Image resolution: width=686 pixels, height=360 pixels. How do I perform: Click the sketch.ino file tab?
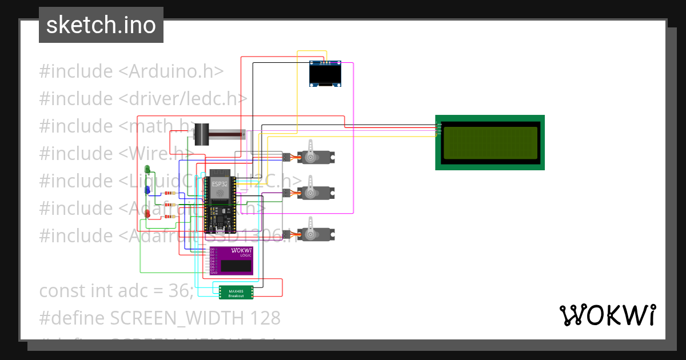tap(101, 25)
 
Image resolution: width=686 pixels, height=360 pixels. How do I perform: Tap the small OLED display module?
tap(325, 74)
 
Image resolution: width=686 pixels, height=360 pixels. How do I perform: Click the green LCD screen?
tap(490, 142)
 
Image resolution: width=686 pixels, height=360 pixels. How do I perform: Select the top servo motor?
tap(314, 157)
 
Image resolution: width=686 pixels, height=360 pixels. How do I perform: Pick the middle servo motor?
tap(314, 193)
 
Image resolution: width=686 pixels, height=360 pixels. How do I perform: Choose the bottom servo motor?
tap(314, 234)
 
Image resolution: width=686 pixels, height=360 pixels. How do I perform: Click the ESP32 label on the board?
tap(220, 185)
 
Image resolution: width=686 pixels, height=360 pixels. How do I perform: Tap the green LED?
tap(147, 169)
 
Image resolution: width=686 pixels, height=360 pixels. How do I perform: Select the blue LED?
tap(147, 190)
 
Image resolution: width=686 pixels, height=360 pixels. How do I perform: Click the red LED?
tap(147, 214)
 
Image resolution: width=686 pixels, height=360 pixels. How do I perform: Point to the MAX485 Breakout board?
tap(236, 292)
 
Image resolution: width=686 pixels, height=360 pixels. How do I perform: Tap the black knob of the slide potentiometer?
tap(201, 135)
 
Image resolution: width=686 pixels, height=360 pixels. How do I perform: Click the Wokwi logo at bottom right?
tap(607, 315)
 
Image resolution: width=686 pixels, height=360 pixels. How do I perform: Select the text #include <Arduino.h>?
tap(131, 71)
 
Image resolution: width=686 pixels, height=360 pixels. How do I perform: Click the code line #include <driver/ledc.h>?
tap(143, 98)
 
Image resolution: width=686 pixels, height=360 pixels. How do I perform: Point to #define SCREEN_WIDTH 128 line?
tap(159, 318)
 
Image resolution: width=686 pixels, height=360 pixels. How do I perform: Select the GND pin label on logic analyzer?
tap(213, 273)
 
